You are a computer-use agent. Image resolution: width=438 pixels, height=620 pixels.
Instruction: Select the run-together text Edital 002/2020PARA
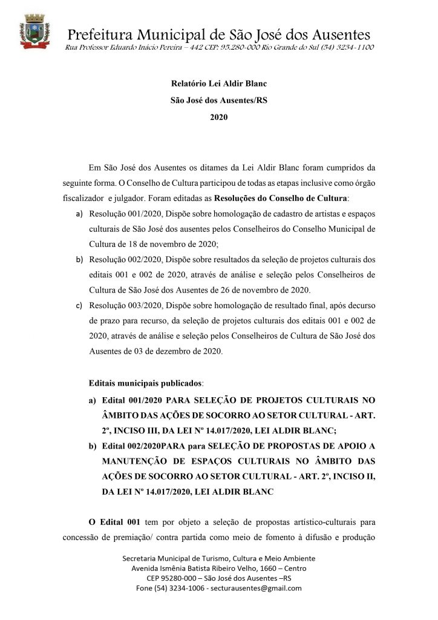(140, 446)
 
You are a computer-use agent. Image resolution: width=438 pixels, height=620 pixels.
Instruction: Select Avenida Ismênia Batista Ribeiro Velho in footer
(202, 568)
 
